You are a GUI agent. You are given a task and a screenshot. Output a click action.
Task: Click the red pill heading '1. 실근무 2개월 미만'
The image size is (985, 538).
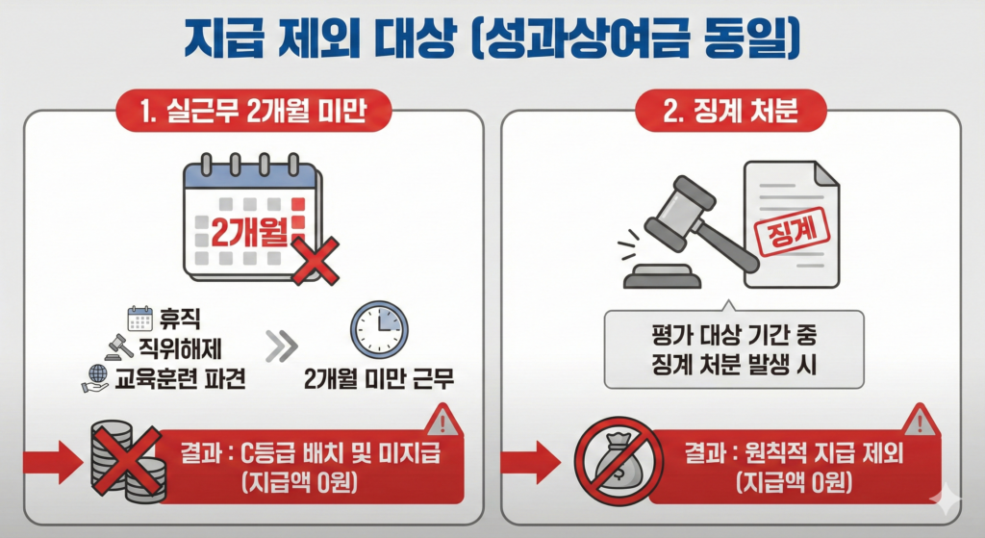tap(254, 111)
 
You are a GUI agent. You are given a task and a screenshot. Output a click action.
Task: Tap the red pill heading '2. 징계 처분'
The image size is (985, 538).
tap(731, 111)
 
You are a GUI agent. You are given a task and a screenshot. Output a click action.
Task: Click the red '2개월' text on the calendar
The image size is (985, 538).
tap(249, 232)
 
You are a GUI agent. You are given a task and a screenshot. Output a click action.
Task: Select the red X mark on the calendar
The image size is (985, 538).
tap(316, 260)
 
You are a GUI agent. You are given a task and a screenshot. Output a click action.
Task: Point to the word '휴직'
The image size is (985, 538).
tap(180, 320)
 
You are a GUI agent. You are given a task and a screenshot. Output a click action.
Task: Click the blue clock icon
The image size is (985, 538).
tap(379, 330)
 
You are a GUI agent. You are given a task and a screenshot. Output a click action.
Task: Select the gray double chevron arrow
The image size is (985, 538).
tap(281, 346)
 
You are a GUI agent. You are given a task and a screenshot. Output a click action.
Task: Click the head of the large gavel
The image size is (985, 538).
tap(680, 212)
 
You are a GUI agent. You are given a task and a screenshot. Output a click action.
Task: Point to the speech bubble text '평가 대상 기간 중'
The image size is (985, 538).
tap(734, 335)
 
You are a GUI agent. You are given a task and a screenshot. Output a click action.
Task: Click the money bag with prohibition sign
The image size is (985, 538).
tap(619, 461)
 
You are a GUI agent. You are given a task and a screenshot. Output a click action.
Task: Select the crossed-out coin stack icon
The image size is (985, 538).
tap(128, 461)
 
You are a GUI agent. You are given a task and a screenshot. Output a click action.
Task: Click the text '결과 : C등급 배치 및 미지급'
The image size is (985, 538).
tap(311, 452)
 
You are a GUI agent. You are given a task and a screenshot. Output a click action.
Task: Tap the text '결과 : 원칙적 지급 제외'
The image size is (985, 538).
tap(794, 452)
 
